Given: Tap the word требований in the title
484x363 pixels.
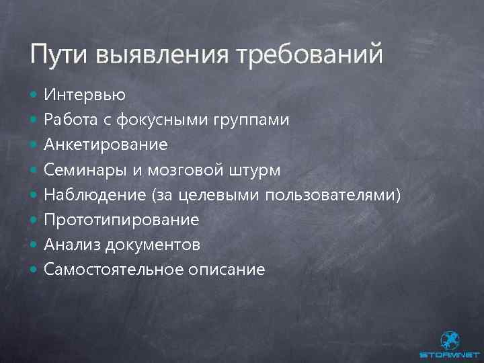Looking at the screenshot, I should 310,54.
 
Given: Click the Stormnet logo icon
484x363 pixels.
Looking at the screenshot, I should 448,339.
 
